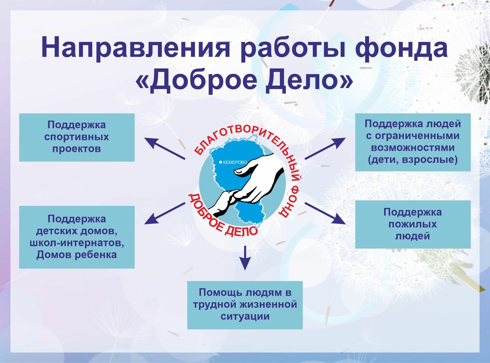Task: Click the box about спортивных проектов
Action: [x=77, y=137]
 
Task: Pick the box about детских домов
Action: [x=77, y=237]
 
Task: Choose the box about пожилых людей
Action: [x=413, y=224]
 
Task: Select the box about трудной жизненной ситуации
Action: [x=245, y=305]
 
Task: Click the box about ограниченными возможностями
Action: [x=413, y=142]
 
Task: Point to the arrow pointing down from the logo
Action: [x=245, y=258]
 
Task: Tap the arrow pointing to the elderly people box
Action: [x=325, y=213]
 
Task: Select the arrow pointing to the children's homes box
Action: [x=164, y=213]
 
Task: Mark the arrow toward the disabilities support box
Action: [x=325, y=148]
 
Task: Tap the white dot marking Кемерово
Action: [x=220, y=162]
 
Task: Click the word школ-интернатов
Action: [x=77, y=243]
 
